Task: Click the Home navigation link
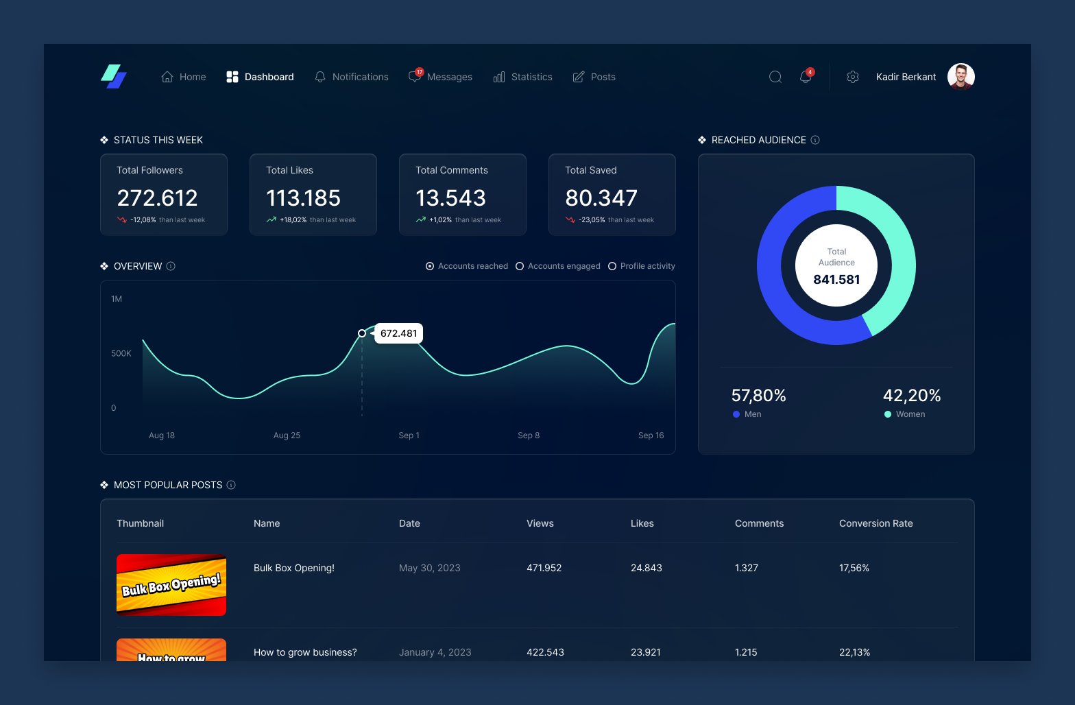click(x=184, y=77)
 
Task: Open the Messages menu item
click(x=441, y=77)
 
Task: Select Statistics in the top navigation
click(x=523, y=77)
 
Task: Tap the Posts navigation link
click(x=594, y=77)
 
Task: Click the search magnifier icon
click(x=775, y=77)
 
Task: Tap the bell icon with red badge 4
click(x=806, y=77)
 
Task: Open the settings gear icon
click(x=853, y=77)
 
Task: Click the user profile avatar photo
click(x=961, y=77)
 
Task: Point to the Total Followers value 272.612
click(x=157, y=198)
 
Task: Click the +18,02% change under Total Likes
click(x=293, y=220)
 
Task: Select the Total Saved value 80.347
click(x=601, y=198)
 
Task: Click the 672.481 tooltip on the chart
click(x=398, y=333)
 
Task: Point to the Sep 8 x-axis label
click(x=529, y=435)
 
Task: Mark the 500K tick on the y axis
click(x=121, y=353)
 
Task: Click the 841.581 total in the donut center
click(x=836, y=280)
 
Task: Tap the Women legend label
click(x=910, y=414)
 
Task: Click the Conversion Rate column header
click(x=875, y=523)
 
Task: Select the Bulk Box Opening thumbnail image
click(x=171, y=585)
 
